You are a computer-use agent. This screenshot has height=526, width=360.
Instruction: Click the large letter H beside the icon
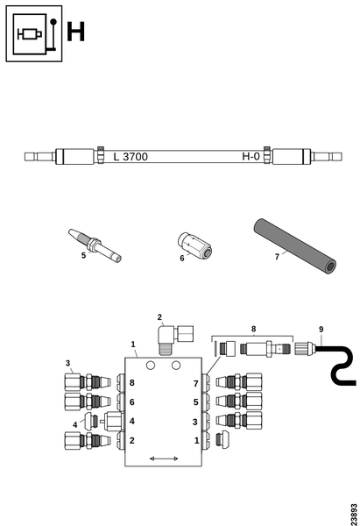75,32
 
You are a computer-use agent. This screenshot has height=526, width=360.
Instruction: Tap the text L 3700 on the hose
131,157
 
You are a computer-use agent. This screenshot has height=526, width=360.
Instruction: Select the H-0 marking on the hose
251,156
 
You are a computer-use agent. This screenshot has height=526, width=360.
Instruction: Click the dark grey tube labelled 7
294,246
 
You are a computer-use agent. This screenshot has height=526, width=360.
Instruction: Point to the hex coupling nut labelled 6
194,245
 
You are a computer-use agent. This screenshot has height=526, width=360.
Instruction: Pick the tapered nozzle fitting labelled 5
95,245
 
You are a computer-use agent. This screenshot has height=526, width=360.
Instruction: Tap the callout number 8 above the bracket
253,329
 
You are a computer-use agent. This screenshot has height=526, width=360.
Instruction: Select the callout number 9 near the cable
321,330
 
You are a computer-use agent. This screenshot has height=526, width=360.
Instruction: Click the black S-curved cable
339,365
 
